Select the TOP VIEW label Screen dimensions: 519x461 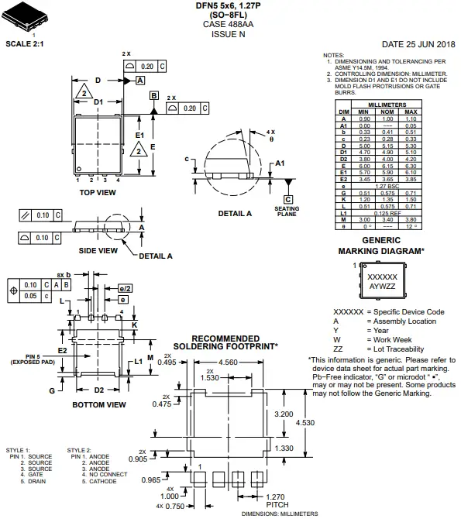98,191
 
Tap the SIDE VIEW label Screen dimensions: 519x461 98,250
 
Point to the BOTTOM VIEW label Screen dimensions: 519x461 98,404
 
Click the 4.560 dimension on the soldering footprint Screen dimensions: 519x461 229,363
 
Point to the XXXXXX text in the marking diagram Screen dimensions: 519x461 381,277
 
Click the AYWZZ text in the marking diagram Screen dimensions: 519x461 381,286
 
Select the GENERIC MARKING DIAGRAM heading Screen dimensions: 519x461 381,246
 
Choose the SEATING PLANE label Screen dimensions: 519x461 287,211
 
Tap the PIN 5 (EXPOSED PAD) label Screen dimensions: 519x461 31,359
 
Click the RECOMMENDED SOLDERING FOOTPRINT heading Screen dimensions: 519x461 225,342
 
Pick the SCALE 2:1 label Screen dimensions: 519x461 25,44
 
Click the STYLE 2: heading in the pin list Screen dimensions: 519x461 80,450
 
